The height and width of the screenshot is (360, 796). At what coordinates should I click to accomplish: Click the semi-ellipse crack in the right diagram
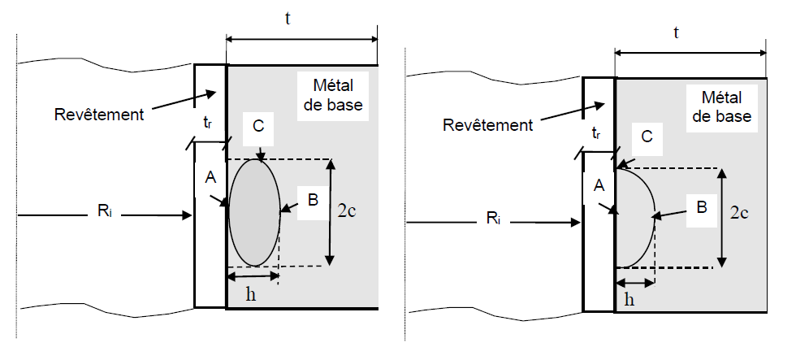click(x=634, y=216)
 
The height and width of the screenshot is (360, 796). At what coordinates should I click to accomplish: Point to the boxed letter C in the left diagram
click(x=259, y=128)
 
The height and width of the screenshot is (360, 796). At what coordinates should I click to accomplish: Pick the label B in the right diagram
click(x=700, y=207)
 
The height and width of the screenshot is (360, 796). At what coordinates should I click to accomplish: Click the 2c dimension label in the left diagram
click(x=348, y=211)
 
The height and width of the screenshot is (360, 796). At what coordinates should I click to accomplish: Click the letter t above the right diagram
click(x=677, y=32)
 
